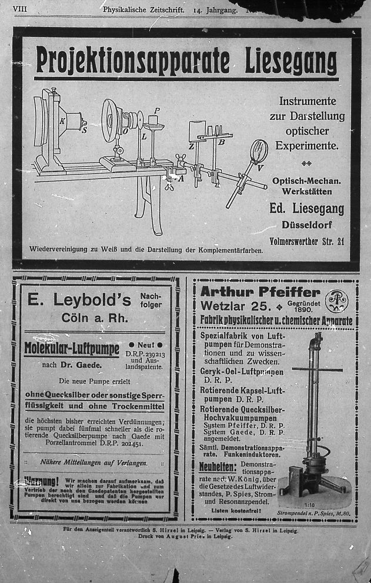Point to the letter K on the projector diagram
click(62, 122)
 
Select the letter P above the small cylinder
click(156, 110)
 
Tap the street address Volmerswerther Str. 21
click(307, 241)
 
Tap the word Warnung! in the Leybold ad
click(41, 481)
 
